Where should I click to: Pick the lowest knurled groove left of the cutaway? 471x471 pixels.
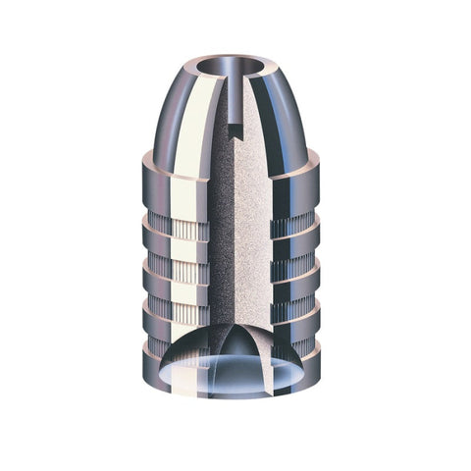(182, 312)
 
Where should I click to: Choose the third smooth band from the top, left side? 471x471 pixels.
(177, 291)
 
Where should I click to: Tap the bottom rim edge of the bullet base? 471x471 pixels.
(235, 393)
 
